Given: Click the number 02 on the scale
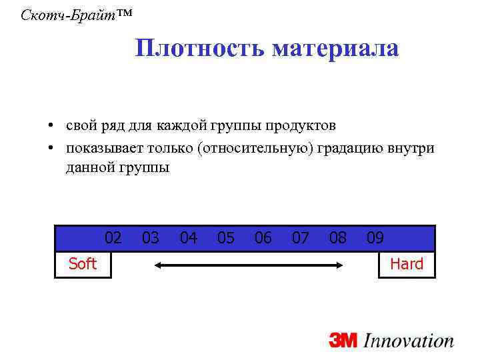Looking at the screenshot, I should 113,238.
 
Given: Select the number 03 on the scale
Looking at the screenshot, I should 151,238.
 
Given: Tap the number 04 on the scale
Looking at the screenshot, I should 189,238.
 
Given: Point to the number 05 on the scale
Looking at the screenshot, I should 226,238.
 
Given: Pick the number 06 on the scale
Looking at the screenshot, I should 263,238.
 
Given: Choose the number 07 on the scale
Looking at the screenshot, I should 301,238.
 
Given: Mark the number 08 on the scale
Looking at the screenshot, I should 338,238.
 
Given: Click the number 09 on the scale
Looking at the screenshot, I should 375,238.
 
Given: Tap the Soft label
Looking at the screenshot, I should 83,264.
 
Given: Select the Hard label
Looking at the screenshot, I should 407,264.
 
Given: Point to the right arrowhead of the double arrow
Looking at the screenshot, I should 339,265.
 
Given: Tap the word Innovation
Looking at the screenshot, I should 409,340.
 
